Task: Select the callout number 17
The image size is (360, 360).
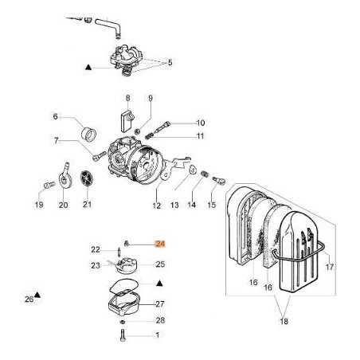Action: tap(330, 267)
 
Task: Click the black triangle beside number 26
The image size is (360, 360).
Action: tap(37, 298)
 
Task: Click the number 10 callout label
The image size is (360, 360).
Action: tap(201, 123)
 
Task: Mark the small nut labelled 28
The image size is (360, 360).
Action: tap(123, 321)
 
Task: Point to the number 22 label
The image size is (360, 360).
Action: tap(96, 250)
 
